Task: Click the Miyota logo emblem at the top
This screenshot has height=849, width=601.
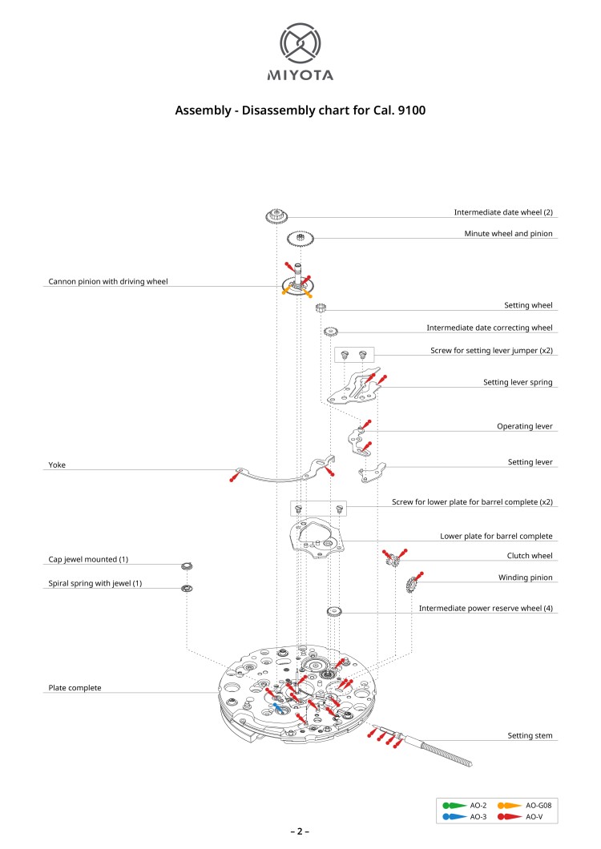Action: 300,45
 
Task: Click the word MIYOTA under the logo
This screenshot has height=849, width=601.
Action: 300,76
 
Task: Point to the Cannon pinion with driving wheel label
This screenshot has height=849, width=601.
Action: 108,282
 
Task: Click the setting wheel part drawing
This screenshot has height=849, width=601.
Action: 321,308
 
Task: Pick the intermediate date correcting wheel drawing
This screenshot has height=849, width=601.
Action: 329,332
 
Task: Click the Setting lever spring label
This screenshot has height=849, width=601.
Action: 518,383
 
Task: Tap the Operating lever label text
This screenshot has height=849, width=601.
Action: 525,427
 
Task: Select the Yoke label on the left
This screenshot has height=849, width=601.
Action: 56,465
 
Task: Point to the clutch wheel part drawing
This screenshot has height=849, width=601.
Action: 392,564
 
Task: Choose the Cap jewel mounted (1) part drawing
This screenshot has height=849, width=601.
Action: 187,567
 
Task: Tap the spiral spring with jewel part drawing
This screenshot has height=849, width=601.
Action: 187,589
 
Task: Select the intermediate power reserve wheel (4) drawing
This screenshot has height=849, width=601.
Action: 335,613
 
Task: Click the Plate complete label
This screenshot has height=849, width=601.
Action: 75,688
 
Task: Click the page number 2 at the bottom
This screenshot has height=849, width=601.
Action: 300,831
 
